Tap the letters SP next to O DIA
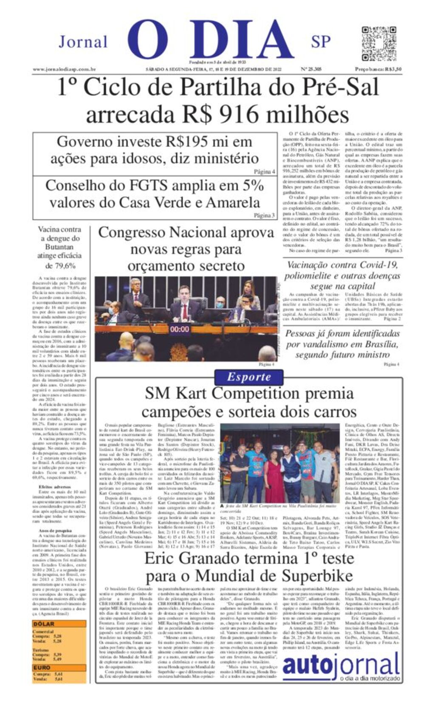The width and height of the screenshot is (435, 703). (321, 42)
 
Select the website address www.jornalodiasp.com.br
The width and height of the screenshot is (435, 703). (64, 69)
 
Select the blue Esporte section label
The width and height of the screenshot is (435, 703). (249, 377)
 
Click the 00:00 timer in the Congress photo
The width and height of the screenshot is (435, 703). (180, 329)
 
